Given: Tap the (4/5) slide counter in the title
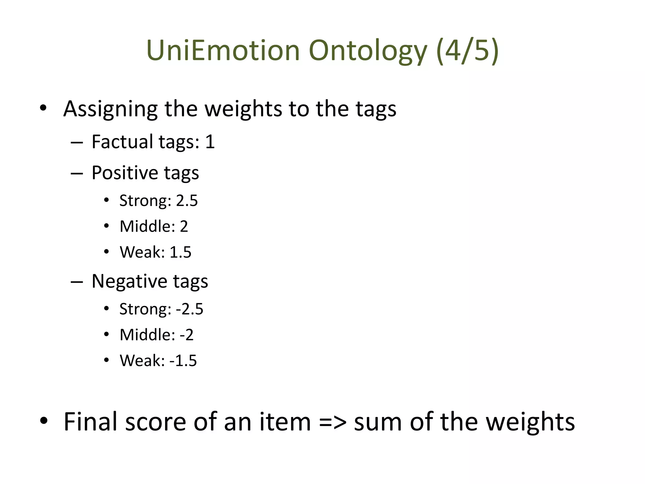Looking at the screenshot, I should click(467, 50).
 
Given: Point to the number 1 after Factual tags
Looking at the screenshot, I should click(210, 142).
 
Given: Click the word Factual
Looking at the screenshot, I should click(122, 142).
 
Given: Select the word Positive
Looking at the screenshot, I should click(124, 173).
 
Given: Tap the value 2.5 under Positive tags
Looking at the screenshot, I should click(187, 201).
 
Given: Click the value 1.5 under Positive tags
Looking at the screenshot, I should click(180, 252).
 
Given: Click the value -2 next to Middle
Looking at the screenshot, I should click(186, 335).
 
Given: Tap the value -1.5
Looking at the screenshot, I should click(183, 361).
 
